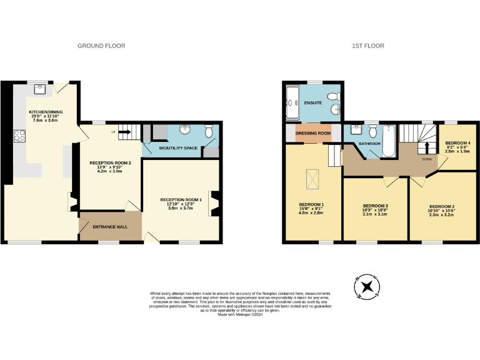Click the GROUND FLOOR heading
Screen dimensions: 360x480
tap(101, 46)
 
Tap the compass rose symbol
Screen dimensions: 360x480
tap(367, 287)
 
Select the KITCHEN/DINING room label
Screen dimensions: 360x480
tap(46, 113)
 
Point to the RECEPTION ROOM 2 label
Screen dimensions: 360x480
tap(105, 163)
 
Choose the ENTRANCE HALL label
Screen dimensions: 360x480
tap(110, 226)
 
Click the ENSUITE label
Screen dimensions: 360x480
tap(312, 102)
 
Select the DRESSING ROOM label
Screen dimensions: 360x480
tap(312, 133)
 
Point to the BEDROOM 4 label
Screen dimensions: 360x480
tap(457, 143)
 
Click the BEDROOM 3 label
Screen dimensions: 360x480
tap(376, 206)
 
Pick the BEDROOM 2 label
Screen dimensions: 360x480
tap(441, 206)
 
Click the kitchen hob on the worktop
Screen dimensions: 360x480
tap(19, 135)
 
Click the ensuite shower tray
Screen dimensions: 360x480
tap(293, 104)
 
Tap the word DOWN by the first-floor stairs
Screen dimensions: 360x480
tap(427, 159)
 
